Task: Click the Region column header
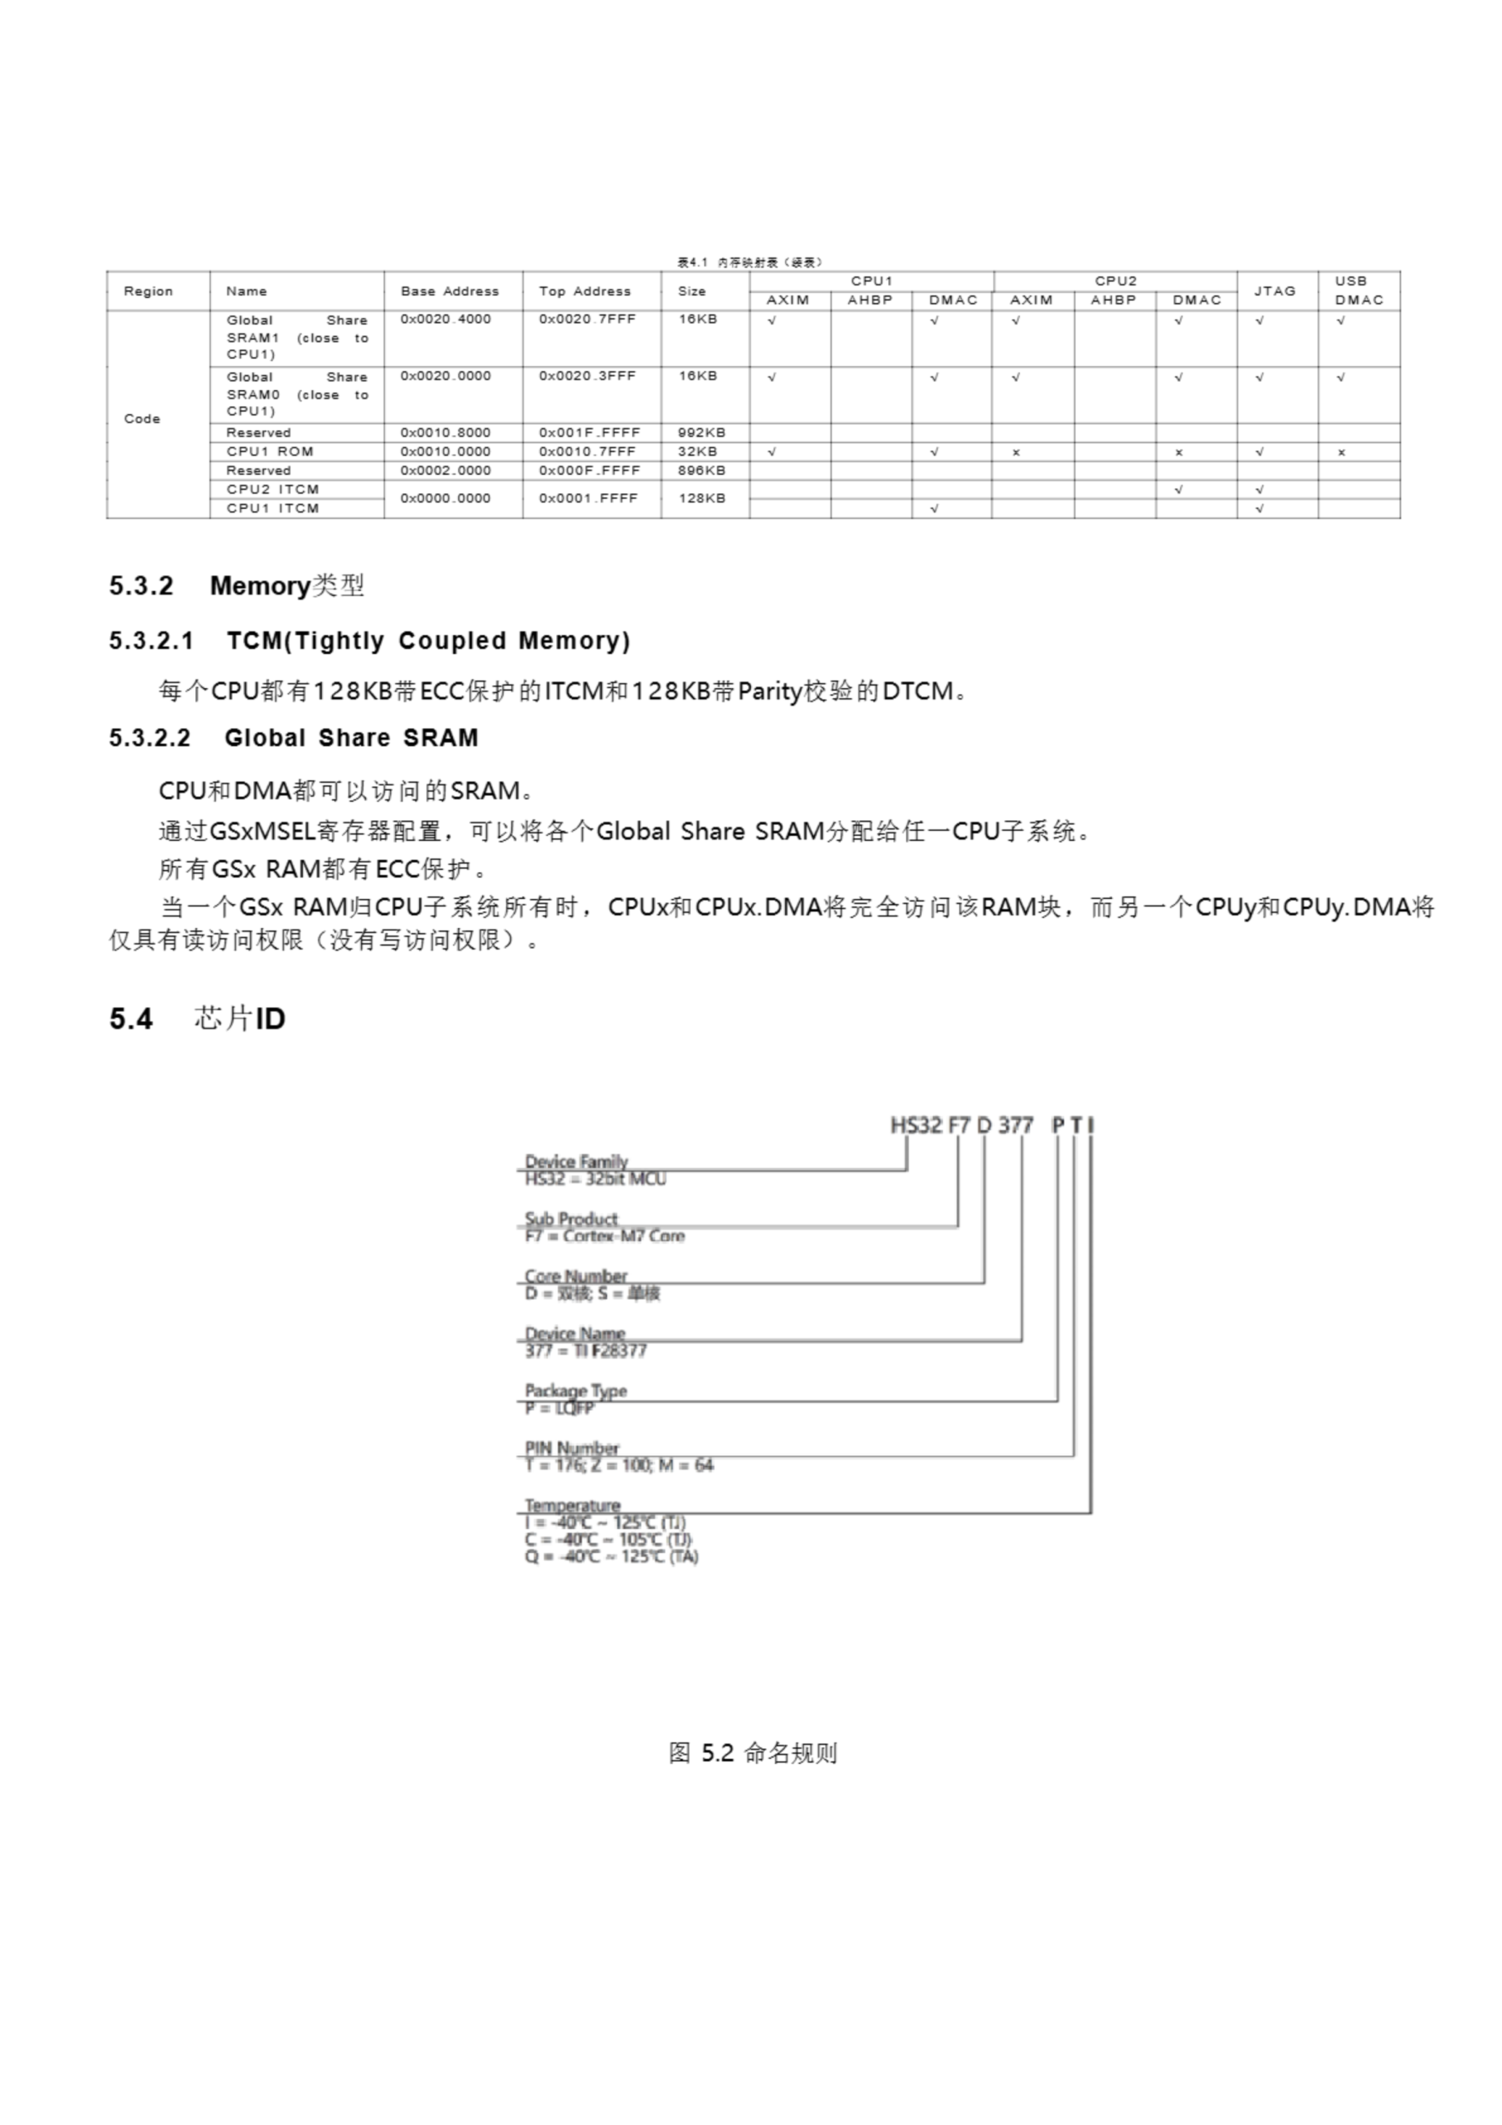pos(148,291)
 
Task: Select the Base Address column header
pos(449,291)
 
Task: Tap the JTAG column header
pos(1275,291)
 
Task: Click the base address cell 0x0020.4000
pos(445,320)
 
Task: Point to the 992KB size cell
pos(701,432)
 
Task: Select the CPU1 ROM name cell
pos(270,452)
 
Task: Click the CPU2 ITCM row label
pos(272,490)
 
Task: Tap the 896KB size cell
pos(701,470)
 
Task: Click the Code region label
pos(142,418)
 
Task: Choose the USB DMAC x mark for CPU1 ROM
pos(1340,452)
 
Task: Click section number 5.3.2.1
pos(151,641)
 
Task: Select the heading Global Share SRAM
pos(351,738)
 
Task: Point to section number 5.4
pos(130,1019)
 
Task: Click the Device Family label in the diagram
pos(576,1160)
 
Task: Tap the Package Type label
pos(575,1390)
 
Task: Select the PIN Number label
pos(571,1448)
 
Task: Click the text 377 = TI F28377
pos(585,1351)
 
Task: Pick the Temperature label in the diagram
pos(572,1505)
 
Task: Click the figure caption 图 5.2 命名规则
pos(753,1753)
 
